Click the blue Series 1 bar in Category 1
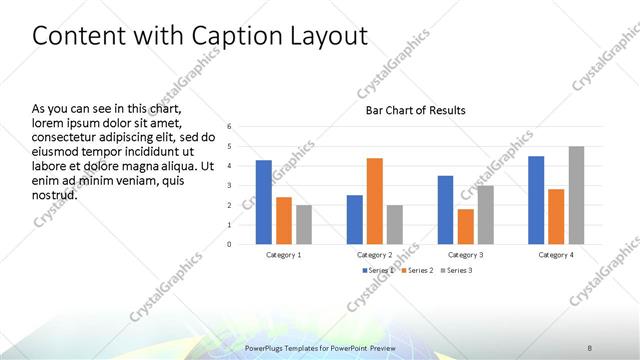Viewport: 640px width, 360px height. pos(263,202)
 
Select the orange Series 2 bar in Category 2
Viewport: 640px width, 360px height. pos(374,201)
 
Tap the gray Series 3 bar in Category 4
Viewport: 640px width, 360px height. pos(576,195)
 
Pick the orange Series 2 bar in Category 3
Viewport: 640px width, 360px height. pos(465,226)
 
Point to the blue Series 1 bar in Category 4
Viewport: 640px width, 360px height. pos(536,200)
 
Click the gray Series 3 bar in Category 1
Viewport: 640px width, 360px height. pos(303,224)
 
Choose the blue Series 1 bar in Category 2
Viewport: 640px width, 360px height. pos(354,219)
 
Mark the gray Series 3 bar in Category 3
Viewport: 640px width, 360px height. pos(485,214)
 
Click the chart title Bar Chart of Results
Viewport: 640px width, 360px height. pos(415,110)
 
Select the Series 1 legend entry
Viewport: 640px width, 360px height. pos(376,270)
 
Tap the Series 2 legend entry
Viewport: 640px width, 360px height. pos(417,270)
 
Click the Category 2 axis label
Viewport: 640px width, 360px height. pos(374,255)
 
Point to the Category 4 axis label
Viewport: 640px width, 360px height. pos(556,255)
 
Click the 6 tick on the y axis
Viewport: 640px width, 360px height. pos(229,127)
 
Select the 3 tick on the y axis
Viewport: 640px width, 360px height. pos(229,185)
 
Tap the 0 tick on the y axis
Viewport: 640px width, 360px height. pos(229,244)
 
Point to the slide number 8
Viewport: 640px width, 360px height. pos(591,347)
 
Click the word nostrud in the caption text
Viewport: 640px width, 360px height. pos(55,194)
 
